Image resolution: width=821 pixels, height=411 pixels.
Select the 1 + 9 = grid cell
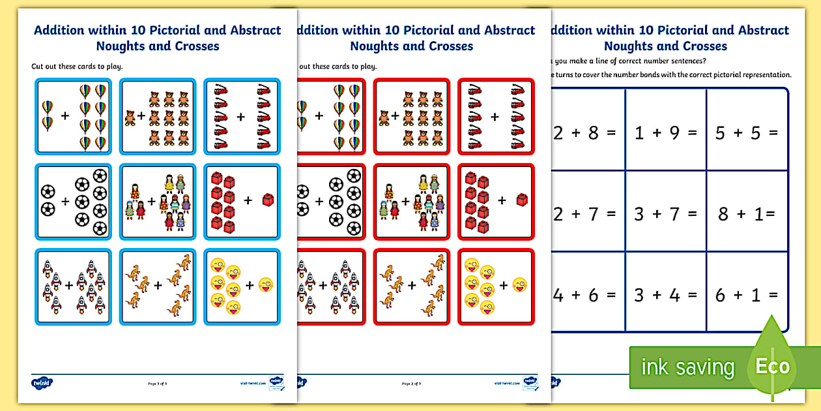(x=665, y=133)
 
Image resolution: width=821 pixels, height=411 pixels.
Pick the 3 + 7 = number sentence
(x=665, y=213)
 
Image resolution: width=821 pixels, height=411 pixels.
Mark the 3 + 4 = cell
(x=665, y=295)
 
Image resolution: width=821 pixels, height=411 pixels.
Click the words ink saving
(x=687, y=367)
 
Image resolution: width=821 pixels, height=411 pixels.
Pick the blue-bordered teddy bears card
(x=158, y=116)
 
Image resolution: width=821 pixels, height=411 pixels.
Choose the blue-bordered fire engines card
(x=242, y=116)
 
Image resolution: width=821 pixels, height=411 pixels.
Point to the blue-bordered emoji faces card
(x=242, y=286)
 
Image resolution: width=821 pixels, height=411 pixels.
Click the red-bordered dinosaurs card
(x=411, y=286)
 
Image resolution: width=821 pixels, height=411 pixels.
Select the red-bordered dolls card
(x=411, y=201)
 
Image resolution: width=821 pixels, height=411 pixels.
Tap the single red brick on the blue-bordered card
(x=267, y=200)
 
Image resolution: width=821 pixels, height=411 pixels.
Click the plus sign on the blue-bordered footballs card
(x=65, y=202)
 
